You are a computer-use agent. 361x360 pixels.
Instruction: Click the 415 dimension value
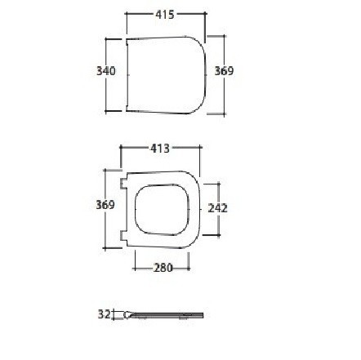[165, 15]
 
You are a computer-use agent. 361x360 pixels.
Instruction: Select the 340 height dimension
[106, 71]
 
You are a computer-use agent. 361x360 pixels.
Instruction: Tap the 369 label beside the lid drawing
[224, 71]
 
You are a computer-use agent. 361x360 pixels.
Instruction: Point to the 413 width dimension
[160, 149]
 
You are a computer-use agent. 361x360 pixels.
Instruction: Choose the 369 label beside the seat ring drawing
[105, 205]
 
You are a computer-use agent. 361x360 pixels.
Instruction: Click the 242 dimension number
[217, 208]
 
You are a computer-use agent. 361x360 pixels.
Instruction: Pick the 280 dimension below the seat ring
[163, 268]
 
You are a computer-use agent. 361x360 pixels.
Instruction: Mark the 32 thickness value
[104, 314]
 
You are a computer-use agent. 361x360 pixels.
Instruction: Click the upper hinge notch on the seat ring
[124, 184]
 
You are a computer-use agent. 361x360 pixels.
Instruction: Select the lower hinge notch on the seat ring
[124, 236]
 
